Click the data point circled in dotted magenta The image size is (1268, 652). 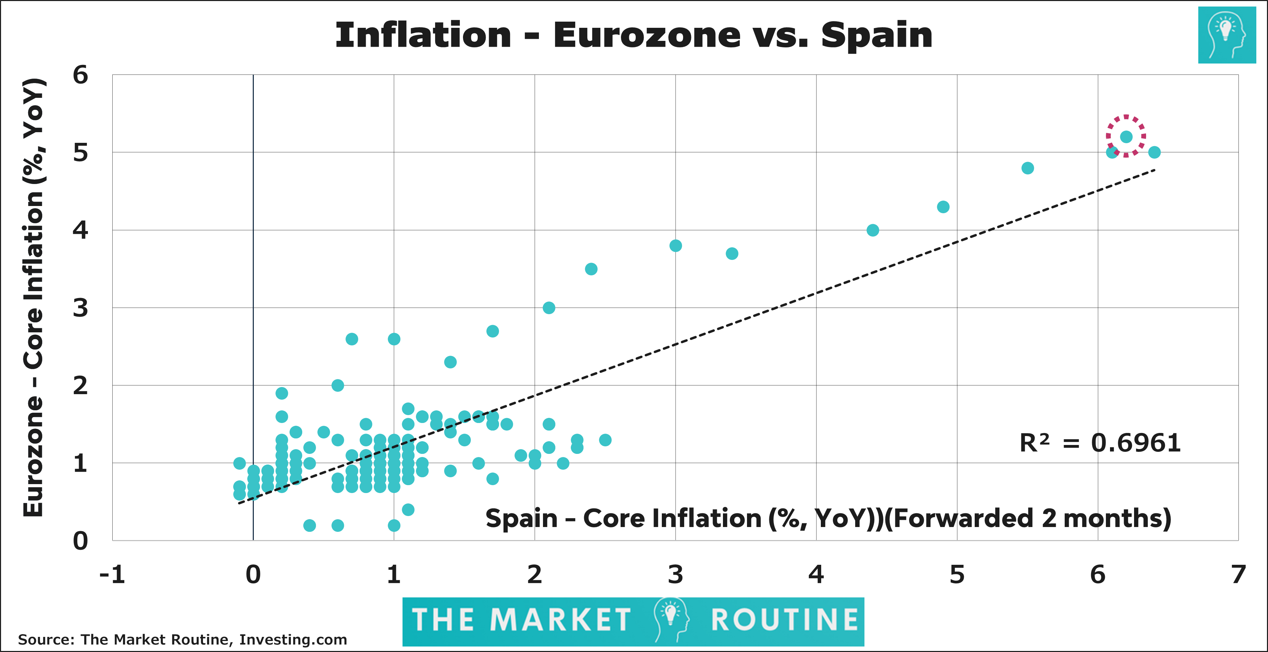[x=1126, y=137]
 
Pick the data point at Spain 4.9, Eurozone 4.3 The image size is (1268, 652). [x=943, y=207]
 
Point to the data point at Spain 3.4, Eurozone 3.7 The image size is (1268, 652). [x=732, y=253]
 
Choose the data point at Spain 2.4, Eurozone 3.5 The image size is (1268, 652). [x=591, y=269]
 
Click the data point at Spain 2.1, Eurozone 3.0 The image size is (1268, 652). [x=549, y=308]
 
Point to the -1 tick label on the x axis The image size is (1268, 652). [x=112, y=575]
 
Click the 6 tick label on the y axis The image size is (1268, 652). [x=80, y=75]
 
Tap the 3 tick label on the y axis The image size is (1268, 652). [x=80, y=308]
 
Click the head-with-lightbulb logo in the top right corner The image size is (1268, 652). [x=1227, y=35]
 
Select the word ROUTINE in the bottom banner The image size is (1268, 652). [x=785, y=620]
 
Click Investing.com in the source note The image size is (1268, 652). [x=293, y=640]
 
